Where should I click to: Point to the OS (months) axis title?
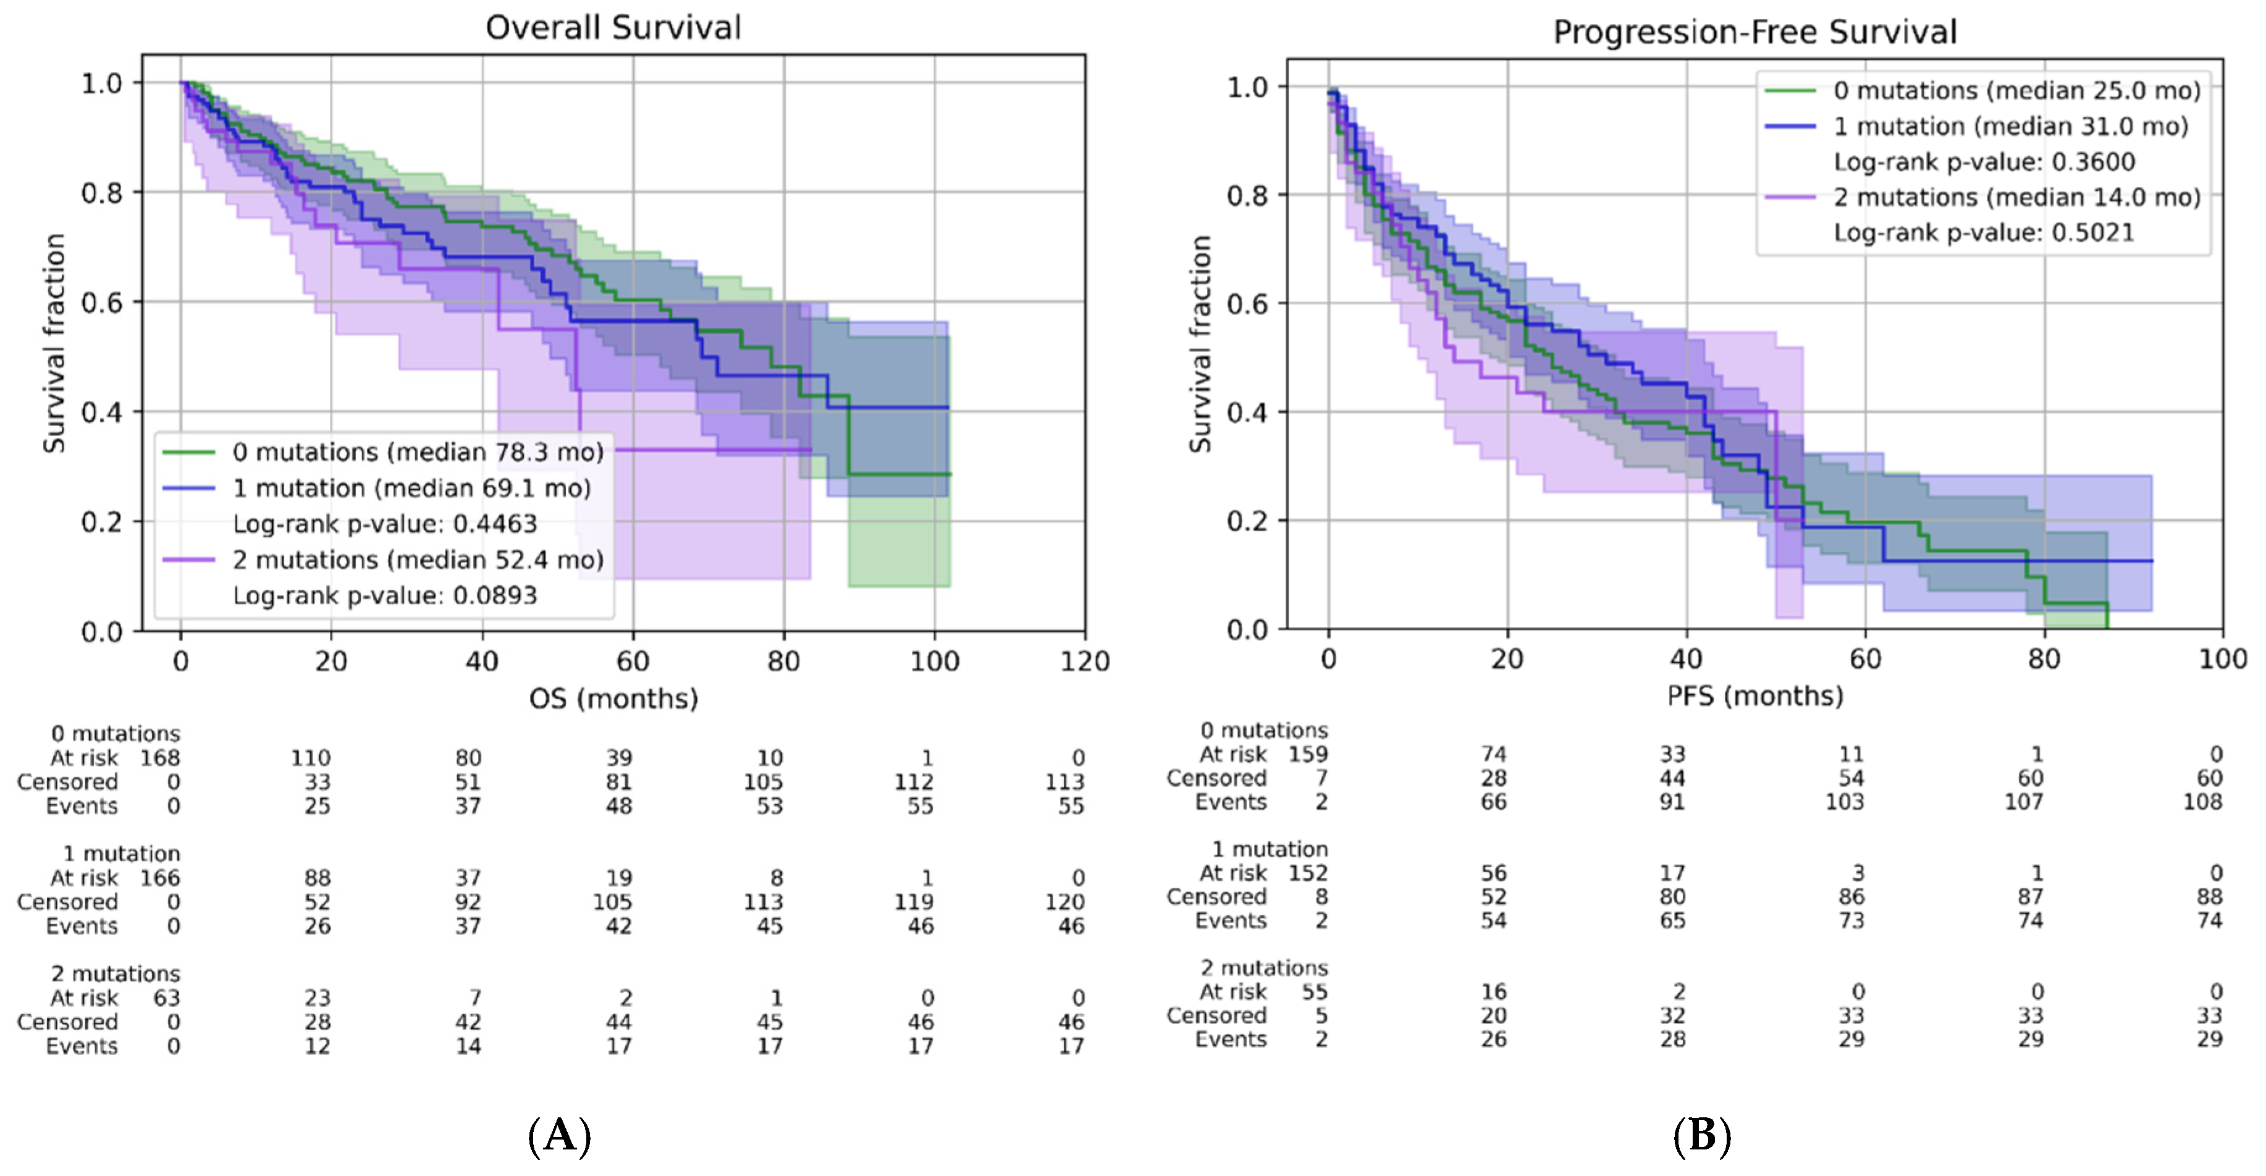coord(613,699)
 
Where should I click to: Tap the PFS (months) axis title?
coord(1755,695)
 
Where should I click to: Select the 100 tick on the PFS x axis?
coord(2223,658)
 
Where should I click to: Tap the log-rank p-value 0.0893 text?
coord(384,595)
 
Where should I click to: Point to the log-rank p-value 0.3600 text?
coord(1984,162)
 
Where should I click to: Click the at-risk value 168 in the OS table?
coord(160,757)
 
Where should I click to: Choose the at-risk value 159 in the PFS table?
coord(1308,754)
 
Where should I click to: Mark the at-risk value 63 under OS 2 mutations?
coord(166,997)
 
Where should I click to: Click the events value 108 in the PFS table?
coord(2202,801)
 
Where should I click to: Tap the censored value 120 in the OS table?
coord(1064,902)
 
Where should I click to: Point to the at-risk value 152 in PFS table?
coord(1308,873)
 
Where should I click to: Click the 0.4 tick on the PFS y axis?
coord(1247,411)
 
